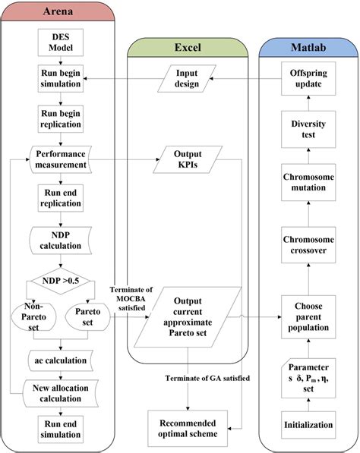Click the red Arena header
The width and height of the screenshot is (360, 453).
pyautogui.click(x=59, y=13)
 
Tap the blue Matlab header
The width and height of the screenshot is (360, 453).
pyautogui.click(x=308, y=47)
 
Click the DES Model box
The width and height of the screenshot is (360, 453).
pyautogui.click(x=58, y=42)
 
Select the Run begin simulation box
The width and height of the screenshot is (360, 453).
pyautogui.click(x=58, y=79)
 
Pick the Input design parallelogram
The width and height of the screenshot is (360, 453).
pyautogui.click(x=187, y=79)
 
